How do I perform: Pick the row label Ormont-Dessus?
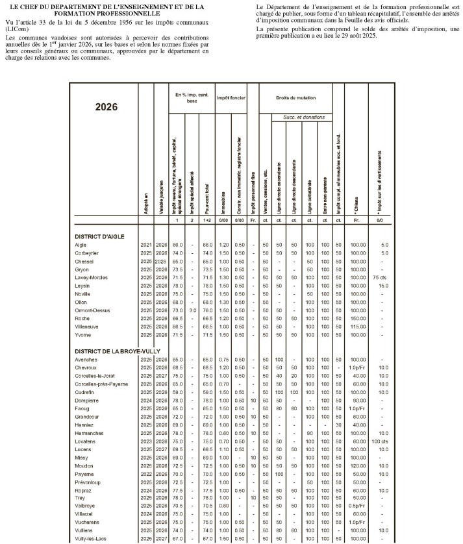[94, 311]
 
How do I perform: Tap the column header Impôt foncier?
[230, 97]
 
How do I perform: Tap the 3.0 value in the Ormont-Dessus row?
[192, 311]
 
